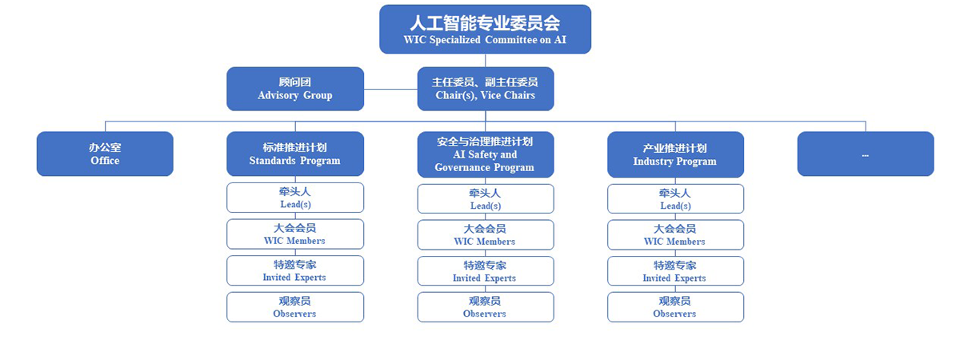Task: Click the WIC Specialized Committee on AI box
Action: [x=485, y=29]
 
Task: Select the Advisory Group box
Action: [x=295, y=89]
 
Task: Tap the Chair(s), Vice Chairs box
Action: [x=486, y=89]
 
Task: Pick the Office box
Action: [x=105, y=154]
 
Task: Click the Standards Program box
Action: [x=295, y=154]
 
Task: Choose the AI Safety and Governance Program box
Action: [x=486, y=154]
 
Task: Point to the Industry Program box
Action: [x=675, y=154]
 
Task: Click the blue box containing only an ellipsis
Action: [x=866, y=154]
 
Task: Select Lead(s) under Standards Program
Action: [x=295, y=198]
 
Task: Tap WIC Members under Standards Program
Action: [x=295, y=234]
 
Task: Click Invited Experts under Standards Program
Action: [x=295, y=270]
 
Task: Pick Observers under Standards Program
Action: [x=295, y=307]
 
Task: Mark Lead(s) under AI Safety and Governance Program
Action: [x=486, y=199]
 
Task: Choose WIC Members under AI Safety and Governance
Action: [x=486, y=235]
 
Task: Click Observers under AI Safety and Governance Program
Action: [x=486, y=307]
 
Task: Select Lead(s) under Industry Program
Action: [x=675, y=199]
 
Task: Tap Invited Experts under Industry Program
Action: [x=675, y=271]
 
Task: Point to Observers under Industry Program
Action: [x=675, y=307]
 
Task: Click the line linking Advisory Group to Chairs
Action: [x=391, y=89]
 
